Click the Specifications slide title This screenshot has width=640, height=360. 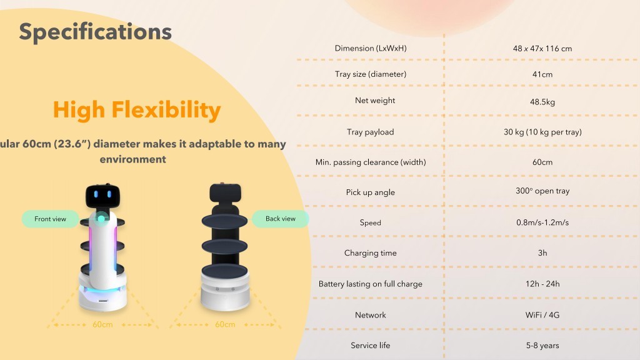point(95,31)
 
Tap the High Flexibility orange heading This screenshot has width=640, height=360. point(137,110)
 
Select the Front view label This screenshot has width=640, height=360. point(50,219)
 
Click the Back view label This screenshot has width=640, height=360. point(280,219)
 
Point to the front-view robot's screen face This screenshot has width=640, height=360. point(102,195)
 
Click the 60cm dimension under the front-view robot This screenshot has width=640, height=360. point(102,324)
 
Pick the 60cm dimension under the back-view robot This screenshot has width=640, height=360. point(225,324)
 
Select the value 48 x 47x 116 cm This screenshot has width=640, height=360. point(542,49)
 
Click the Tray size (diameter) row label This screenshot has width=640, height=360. point(371,74)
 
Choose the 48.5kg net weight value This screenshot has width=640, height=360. point(542,102)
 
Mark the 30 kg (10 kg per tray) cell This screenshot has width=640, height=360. point(542,132)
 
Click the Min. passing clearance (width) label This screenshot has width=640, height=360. point(371,162)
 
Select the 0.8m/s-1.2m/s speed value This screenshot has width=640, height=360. point(542,222)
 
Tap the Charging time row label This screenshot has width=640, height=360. point(371,253)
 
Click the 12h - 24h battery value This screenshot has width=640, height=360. point(542,284)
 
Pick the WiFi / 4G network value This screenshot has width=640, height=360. point(542,315)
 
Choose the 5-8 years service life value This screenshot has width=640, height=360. point(542,345)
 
